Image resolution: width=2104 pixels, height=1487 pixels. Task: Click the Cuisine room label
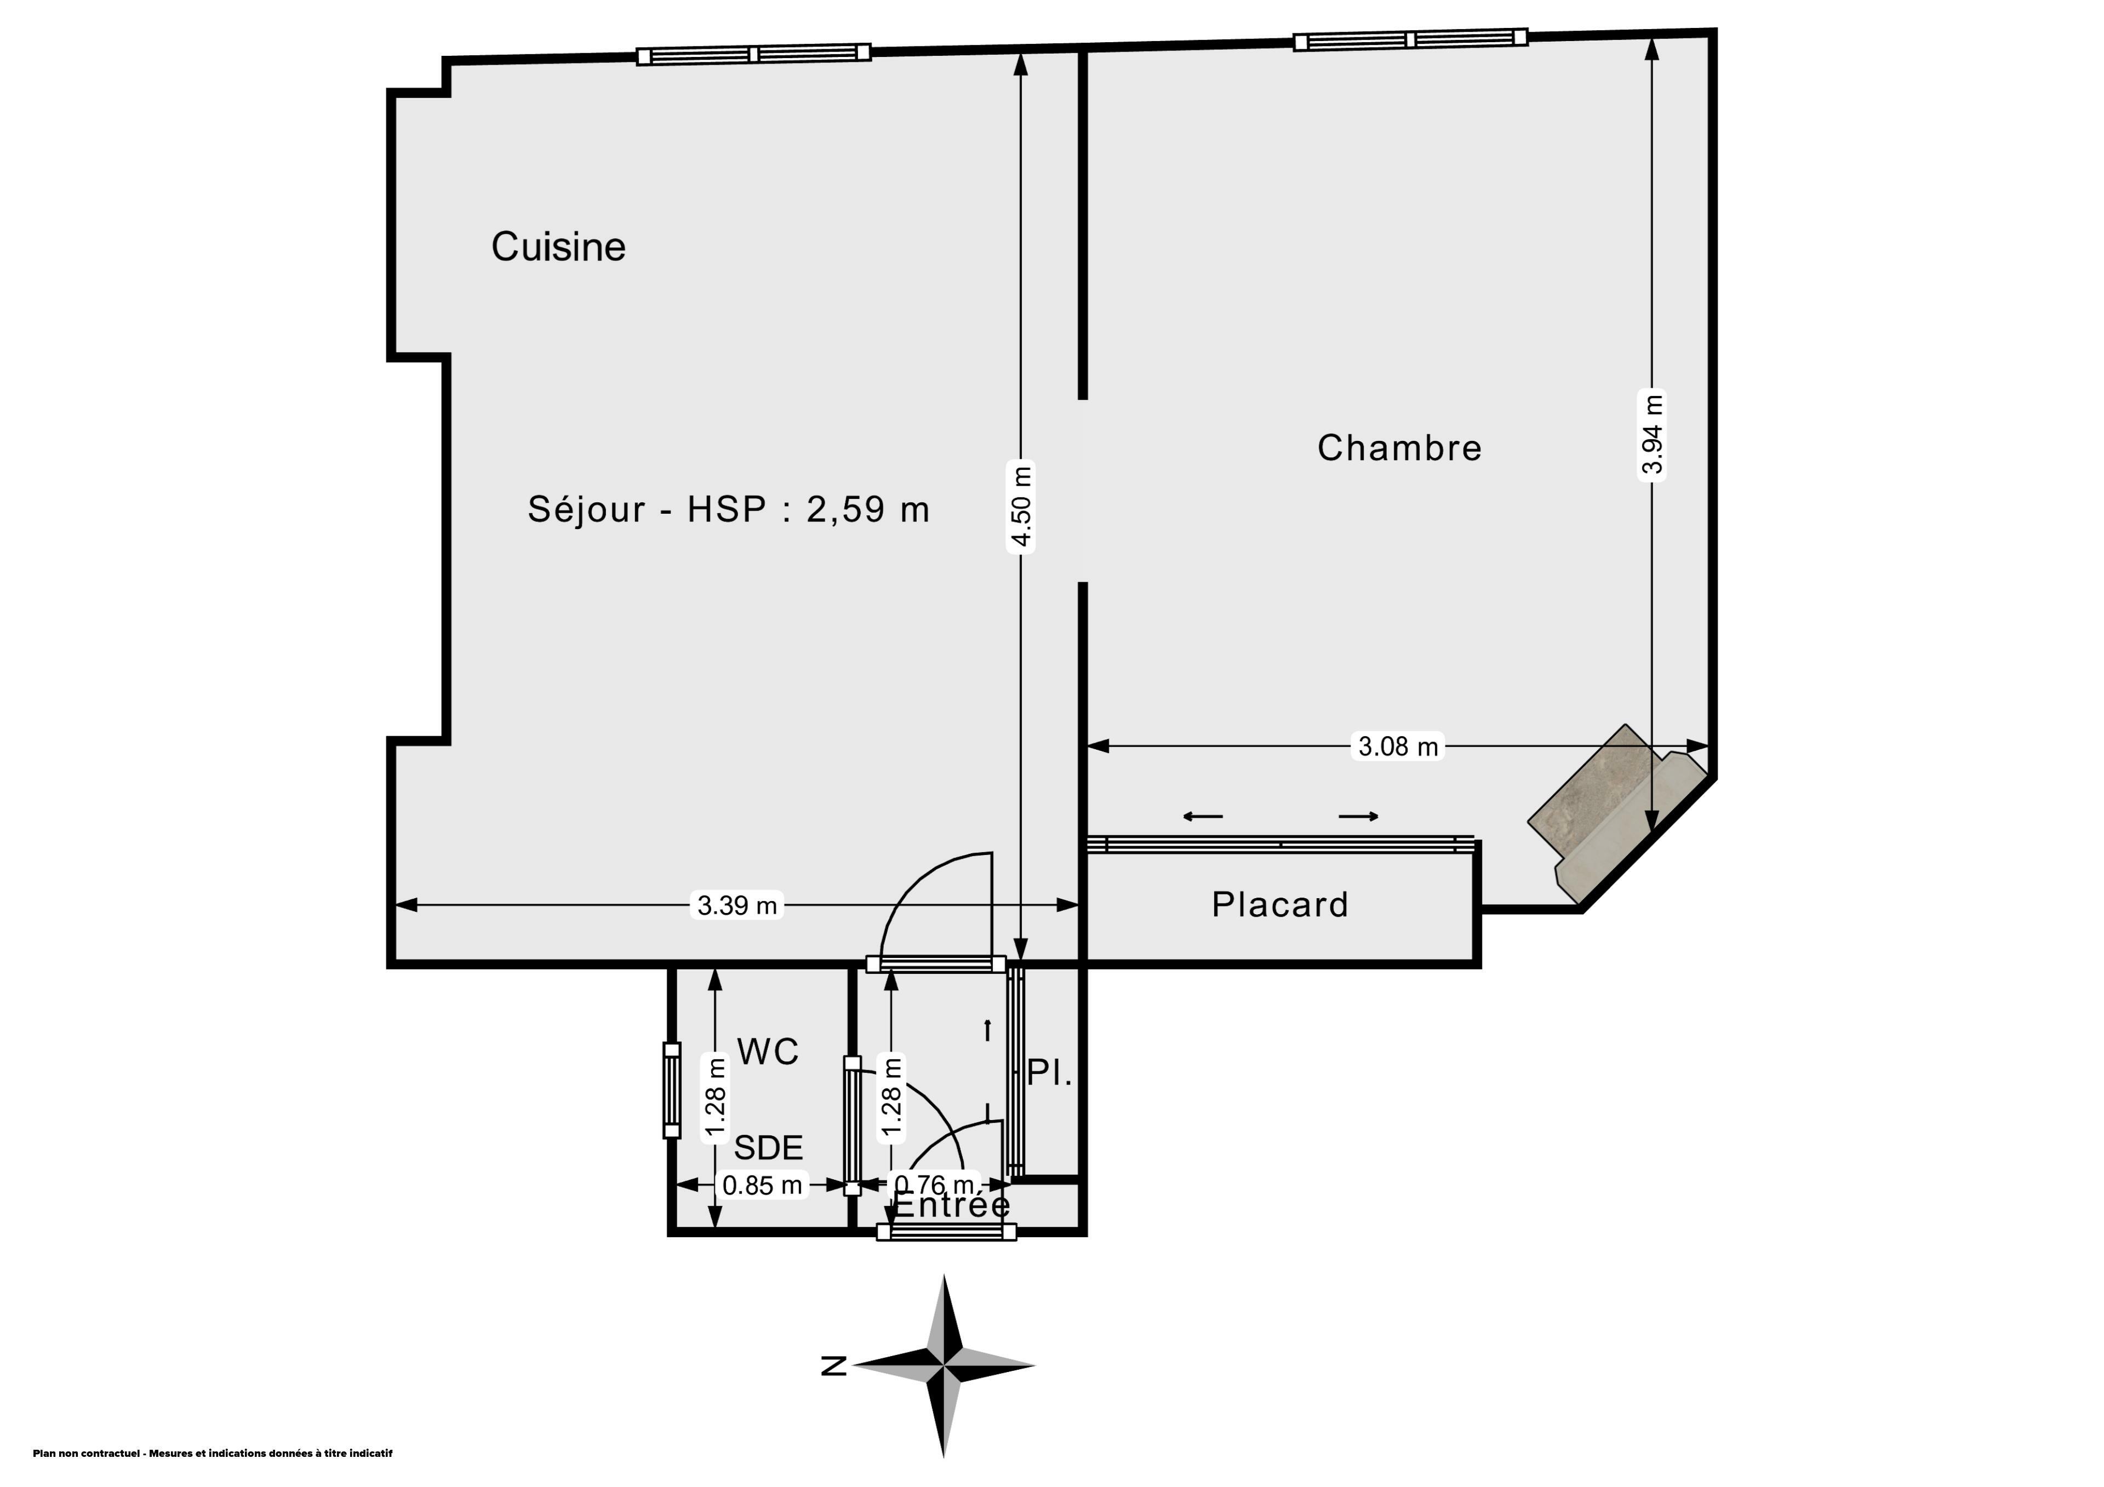click(558, 246)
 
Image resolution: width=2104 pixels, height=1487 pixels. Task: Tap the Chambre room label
click(1399, 448)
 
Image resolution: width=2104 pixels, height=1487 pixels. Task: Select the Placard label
click(1280, 904)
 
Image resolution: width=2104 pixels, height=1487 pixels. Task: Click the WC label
click(768, 1052)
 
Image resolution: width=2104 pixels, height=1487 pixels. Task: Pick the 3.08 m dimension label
click(1398, 746)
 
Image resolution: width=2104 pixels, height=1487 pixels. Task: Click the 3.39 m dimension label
click(737, 905)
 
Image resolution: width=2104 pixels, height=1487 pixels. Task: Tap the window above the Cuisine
click(753, 54)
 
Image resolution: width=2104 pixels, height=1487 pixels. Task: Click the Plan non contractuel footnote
click(213, 1453)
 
